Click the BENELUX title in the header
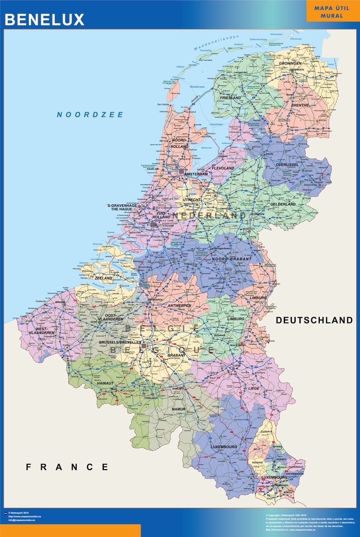44,19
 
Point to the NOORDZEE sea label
90,114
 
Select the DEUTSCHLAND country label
314,320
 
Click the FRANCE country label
67,467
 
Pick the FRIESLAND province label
230,98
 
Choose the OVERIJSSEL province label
288,164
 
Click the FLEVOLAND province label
222,168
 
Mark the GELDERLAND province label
283,204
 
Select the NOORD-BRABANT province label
232,259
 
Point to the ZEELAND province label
104,278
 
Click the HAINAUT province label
105,383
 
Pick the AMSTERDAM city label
196,174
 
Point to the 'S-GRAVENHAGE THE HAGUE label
122,208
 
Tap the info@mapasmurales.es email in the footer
21,520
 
